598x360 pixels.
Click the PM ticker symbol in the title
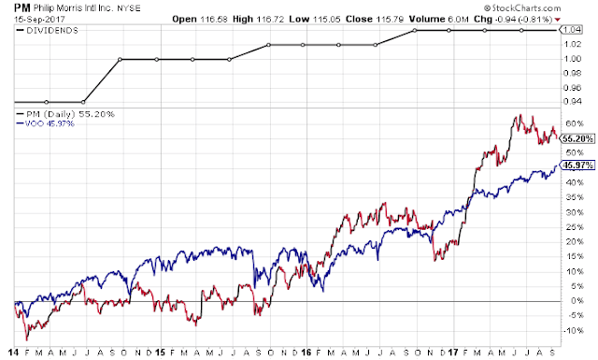click(22, 7)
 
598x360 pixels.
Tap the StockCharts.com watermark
click(522, 8)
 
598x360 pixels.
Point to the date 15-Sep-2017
click(39, 19)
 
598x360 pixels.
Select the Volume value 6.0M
click(458, 19)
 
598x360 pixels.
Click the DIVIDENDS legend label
click(52, 31)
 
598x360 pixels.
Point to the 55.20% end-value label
click(577, 138)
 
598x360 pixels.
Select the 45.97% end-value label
click(577, 165)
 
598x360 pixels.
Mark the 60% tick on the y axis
click(575, 123)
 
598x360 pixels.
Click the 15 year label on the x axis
click(160, 352)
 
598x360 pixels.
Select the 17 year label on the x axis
click(452, 352)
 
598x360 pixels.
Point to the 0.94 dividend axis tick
click(573, 102)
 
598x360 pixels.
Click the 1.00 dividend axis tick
click(573, 59)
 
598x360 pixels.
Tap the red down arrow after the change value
click(558, 20)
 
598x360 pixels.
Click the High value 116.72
click(270, 19)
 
